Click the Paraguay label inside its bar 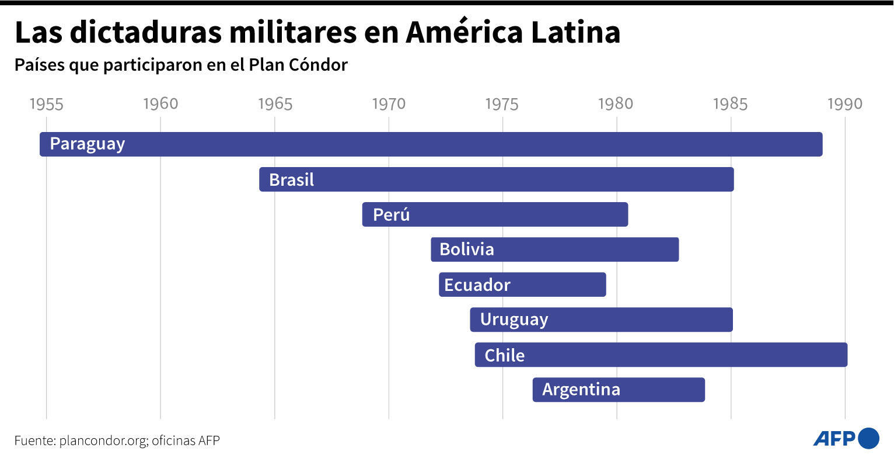pyautogui.click(x=88, y=144)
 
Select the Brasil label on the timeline pyautogui.click(x=291, y=179)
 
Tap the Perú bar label pyautogui.click(x=391, y=214)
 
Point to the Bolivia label pyautogui.click(x=466, y=249)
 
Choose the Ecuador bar pyautogui.click(x=522, y=284)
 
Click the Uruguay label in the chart pyautogui.click(x=514, y=320)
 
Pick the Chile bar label pyautogui.click(x=504, y=355)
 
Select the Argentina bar pyautogui.click(x=618, y=390)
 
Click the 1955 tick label pyautogui.click(x=46, y=104)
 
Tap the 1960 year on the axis pyautogui.click(x=160, y=104)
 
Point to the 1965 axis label pyautogui.click(x=274, y=104)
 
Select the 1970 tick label pyautogui.click(x=389, y=104)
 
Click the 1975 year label pyautogui.click(x=502, y=104)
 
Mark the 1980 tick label pyautogui.click(x=616, y=104)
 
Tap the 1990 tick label pyautogui.click(x=844, y=104)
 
